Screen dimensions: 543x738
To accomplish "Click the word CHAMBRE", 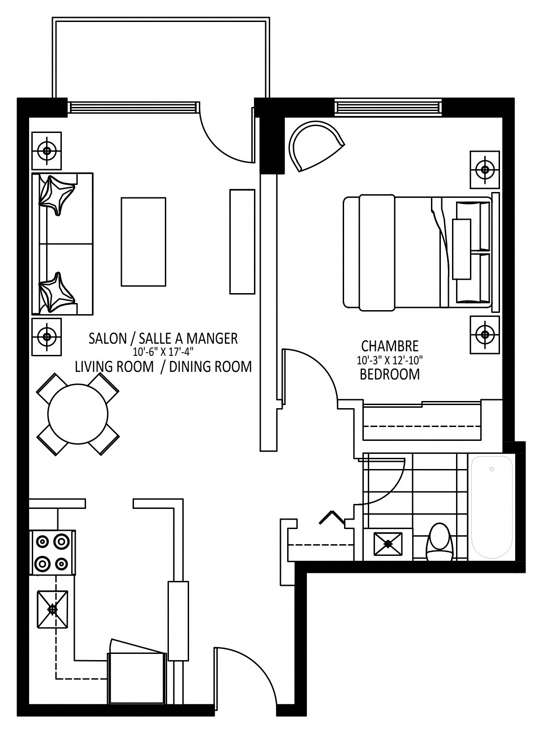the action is (x=390, y=346).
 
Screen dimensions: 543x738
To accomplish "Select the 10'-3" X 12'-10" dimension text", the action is (x=390, y=360).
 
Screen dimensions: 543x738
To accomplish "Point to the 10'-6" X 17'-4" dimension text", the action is (x=163, y=352).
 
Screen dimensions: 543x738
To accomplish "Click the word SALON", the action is (x=108, y=339).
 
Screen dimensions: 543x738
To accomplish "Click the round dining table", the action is (x=78, y=414).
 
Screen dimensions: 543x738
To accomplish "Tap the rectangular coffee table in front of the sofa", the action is (x=143, y=242).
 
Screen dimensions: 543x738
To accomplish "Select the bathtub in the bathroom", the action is (x=492, y=507).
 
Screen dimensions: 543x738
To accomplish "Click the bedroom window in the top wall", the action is (x=388, y=107).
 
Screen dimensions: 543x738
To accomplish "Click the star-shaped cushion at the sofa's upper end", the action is (x=56, y=195).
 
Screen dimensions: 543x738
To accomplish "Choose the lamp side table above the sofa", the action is (x=47, y=151).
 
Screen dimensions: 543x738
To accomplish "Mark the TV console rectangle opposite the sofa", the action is (x=242, y=242).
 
